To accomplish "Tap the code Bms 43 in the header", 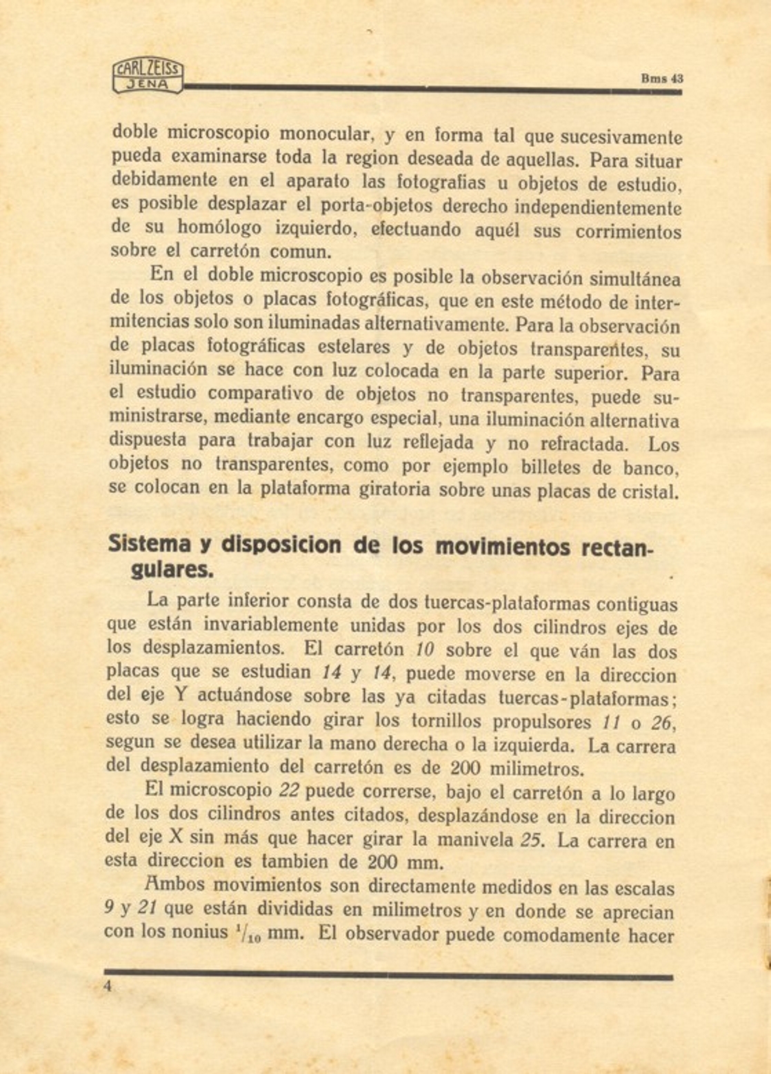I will [x=661, y=78].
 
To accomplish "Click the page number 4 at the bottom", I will [x=108, y=986].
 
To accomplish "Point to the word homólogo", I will [x=219, y=227].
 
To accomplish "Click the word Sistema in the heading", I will [x=149, y=545].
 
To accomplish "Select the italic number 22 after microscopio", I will [x=288, y=791].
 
